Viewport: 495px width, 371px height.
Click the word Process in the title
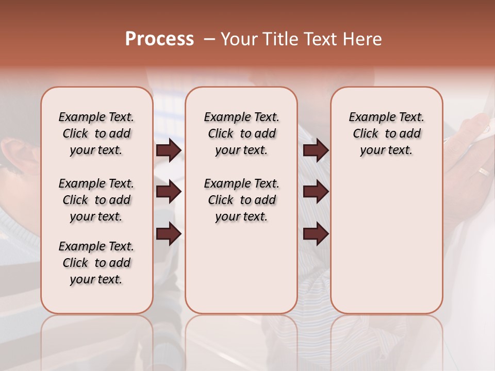pyautogui.click(x=159, y=39)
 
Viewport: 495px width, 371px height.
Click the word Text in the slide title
pyautogui.click(x=320, y=39)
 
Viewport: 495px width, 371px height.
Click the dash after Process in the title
pyautogui.click(x=209, y=39)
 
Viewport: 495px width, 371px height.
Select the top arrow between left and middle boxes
pyautogui.click(x=169, y=150)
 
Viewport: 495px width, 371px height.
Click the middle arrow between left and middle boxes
pyautogui.click(x=169, y=192)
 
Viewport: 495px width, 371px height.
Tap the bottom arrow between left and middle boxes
pyautogui.click(x=169, y=234)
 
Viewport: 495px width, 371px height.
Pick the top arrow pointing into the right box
pyautogui.click(x=316, y=150)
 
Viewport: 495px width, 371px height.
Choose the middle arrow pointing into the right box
pyautogui.click(x=316, y=192)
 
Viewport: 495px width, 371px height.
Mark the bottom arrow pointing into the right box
pyautogui.click(x=316, y=234)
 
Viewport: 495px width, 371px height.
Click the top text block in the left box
pyautogui.click(x=96, y=133)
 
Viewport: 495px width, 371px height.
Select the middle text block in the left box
pyautogui.click(x=96, y=200)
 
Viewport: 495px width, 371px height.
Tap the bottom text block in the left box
pyautogui.click(x=96, y=263)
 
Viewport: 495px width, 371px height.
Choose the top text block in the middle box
pyautogui.click(x=241, y=133)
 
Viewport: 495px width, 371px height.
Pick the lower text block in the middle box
pyautogui.click(x=241, y=200)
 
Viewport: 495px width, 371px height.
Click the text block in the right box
pyautogui.click(x=386, y=133)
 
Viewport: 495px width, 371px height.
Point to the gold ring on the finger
pyautogui.click(x=484, y=172)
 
